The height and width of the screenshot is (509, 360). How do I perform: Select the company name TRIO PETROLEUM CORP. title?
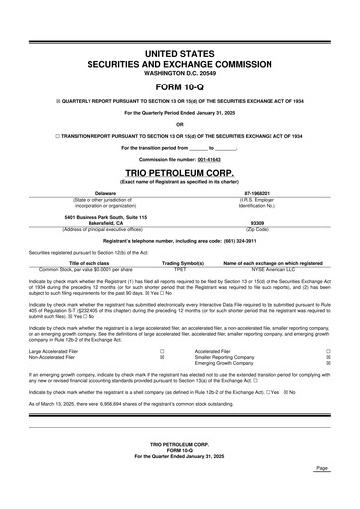point(180,171)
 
